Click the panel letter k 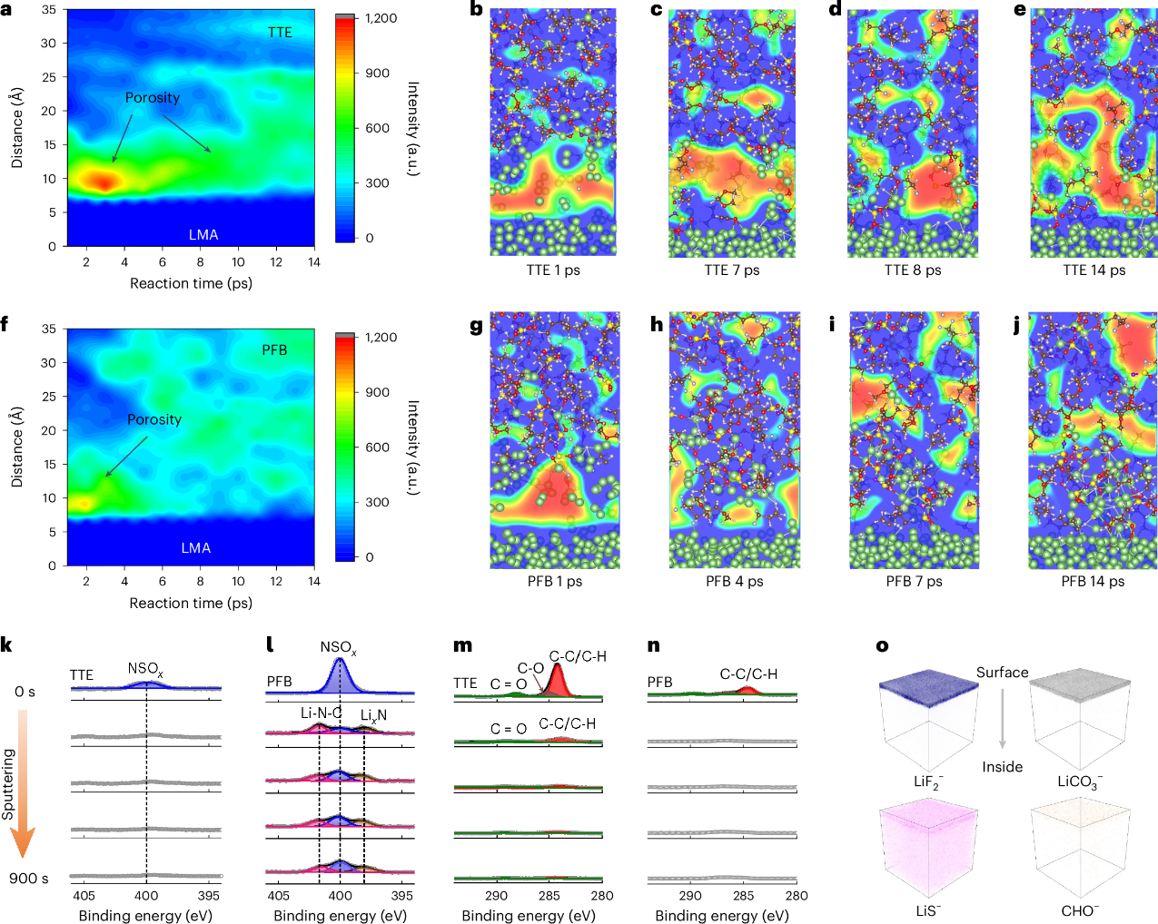tap(6, 645)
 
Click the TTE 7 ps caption tap(731, 270)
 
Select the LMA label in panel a tap(203, 234)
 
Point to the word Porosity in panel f tap(154, 419)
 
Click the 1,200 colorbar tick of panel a tap(381, 18)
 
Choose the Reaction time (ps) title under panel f tap(191, 603)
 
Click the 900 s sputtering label tap(29, 878)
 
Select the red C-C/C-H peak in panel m tap(556, 681)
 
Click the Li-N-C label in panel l tap(321, 713)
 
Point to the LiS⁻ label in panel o tap(926, 910)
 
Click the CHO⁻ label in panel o tap(1080, 910)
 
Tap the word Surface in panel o tap(1002, 673)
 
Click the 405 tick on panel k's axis tap(84, 895)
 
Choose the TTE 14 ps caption tap(1094, 270)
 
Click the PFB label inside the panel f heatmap tap(274, 349)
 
